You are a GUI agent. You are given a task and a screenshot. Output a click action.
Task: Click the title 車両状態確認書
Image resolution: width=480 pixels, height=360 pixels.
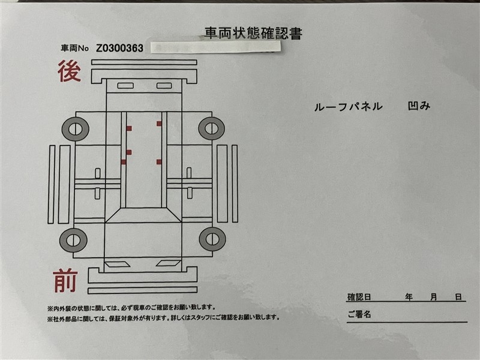click(253, 34)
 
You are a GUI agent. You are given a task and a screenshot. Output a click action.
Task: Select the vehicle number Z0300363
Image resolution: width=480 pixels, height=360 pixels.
click(119, 48)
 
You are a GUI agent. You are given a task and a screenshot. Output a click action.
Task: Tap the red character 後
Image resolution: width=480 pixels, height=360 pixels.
click(69, 71)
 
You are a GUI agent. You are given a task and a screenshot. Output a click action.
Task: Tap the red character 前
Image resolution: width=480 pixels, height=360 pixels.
click(65, 280)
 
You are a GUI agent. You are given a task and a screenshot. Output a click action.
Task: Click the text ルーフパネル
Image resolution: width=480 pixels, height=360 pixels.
click(349, 107)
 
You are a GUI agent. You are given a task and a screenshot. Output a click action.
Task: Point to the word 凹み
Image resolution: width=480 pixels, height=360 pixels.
click(419, 106)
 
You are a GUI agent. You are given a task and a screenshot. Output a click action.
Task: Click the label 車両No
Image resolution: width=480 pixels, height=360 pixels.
click(74, 49)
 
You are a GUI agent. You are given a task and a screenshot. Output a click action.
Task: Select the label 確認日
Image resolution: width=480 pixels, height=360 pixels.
click(359, 297)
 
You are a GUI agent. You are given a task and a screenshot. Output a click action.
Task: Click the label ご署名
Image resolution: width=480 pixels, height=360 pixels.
click(359, 314)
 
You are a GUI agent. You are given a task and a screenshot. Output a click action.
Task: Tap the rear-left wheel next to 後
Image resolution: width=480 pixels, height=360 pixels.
click(76, 129)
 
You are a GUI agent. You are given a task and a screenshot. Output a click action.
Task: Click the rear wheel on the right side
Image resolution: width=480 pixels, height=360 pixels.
click(212, 128)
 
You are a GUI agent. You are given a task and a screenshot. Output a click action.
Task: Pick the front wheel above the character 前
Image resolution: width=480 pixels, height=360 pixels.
click(73, 240)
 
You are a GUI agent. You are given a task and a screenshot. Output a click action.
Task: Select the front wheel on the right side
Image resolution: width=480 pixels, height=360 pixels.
click(212, 239)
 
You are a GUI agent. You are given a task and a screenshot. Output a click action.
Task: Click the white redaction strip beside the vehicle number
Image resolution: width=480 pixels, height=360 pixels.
click(216, 47)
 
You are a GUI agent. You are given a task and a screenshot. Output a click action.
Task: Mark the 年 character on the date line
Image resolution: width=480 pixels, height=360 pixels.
click(409, 297)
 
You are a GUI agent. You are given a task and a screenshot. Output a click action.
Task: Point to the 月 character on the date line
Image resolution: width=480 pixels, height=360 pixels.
click(433, 297)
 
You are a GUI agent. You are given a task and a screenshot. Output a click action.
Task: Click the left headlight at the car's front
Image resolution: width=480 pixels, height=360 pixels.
click(118, 263)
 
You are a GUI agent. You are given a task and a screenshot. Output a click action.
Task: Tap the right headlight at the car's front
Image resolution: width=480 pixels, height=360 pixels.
click(169, 263)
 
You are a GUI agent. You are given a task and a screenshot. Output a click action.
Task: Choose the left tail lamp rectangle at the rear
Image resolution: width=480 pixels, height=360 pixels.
click(125, 86)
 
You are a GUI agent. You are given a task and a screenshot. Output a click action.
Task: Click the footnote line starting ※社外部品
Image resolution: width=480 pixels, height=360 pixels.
click(163, 318)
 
